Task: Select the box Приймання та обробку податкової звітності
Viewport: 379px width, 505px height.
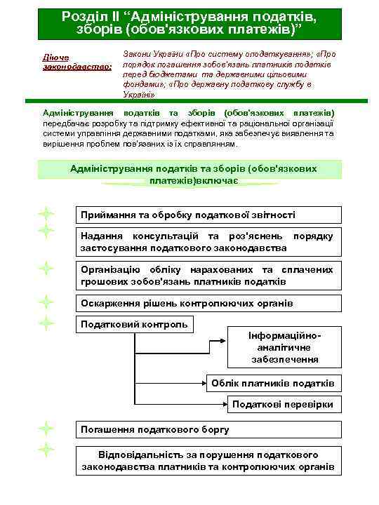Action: pyautogui.click(x=208, y=215)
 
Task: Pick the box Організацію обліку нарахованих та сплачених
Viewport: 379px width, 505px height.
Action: pyautogui.click(x=208, y=275)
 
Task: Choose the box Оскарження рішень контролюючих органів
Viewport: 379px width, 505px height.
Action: pyautogui.click(x=208, y=304)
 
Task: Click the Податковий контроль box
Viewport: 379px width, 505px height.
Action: pyautogui.click(x=135, y=324)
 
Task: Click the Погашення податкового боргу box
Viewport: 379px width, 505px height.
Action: pyautogui.click(x=208, y=429)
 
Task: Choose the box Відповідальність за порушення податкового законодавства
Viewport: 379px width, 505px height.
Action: pyautogui.click(x=208, y=460)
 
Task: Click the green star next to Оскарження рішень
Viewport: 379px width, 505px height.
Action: pyautogui.click(x=46, y=302)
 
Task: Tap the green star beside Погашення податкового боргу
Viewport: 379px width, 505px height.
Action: pyautogui.click(x=46, y=427)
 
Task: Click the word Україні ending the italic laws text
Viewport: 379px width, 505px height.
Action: pyautogui.click(x=134, y=94)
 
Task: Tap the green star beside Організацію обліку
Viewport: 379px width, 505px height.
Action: pyautogui.click(x=46, y=267)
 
